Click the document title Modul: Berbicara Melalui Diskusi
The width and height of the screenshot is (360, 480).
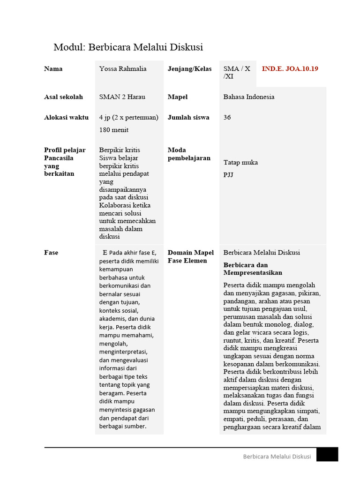(x=128, y=47)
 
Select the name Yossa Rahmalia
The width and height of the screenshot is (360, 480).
(x=123, y=69)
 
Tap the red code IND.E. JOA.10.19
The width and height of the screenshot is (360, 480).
(x=290, y=69)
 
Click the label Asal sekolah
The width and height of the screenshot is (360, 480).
(x=63, y=97)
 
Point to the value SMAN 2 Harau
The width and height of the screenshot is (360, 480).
(x=122, y=97)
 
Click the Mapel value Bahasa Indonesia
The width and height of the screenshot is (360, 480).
(x=249, y=97)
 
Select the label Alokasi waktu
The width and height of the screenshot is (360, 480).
(x=66, y=118)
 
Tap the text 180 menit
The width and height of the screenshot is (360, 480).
(x=114, y=130)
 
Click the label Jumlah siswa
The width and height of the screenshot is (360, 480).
(x=188, y=118)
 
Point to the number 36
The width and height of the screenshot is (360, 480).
(x=227, y=118)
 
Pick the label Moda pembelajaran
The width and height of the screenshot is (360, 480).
(x=189, y=154)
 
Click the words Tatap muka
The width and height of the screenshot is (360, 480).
(x=240, y=163)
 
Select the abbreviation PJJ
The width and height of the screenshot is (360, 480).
(x=229, y=175)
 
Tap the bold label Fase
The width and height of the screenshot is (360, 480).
(x=51, y=253)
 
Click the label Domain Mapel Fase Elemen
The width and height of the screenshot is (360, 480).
(x=191, y=257)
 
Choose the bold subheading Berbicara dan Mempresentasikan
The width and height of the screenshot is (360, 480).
(x=253, y=269)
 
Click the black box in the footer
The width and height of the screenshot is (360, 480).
(x=327, y=454)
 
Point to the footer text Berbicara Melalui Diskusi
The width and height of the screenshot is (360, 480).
(x=277, y=457)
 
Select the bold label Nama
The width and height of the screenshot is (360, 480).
(x=53, y=69)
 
